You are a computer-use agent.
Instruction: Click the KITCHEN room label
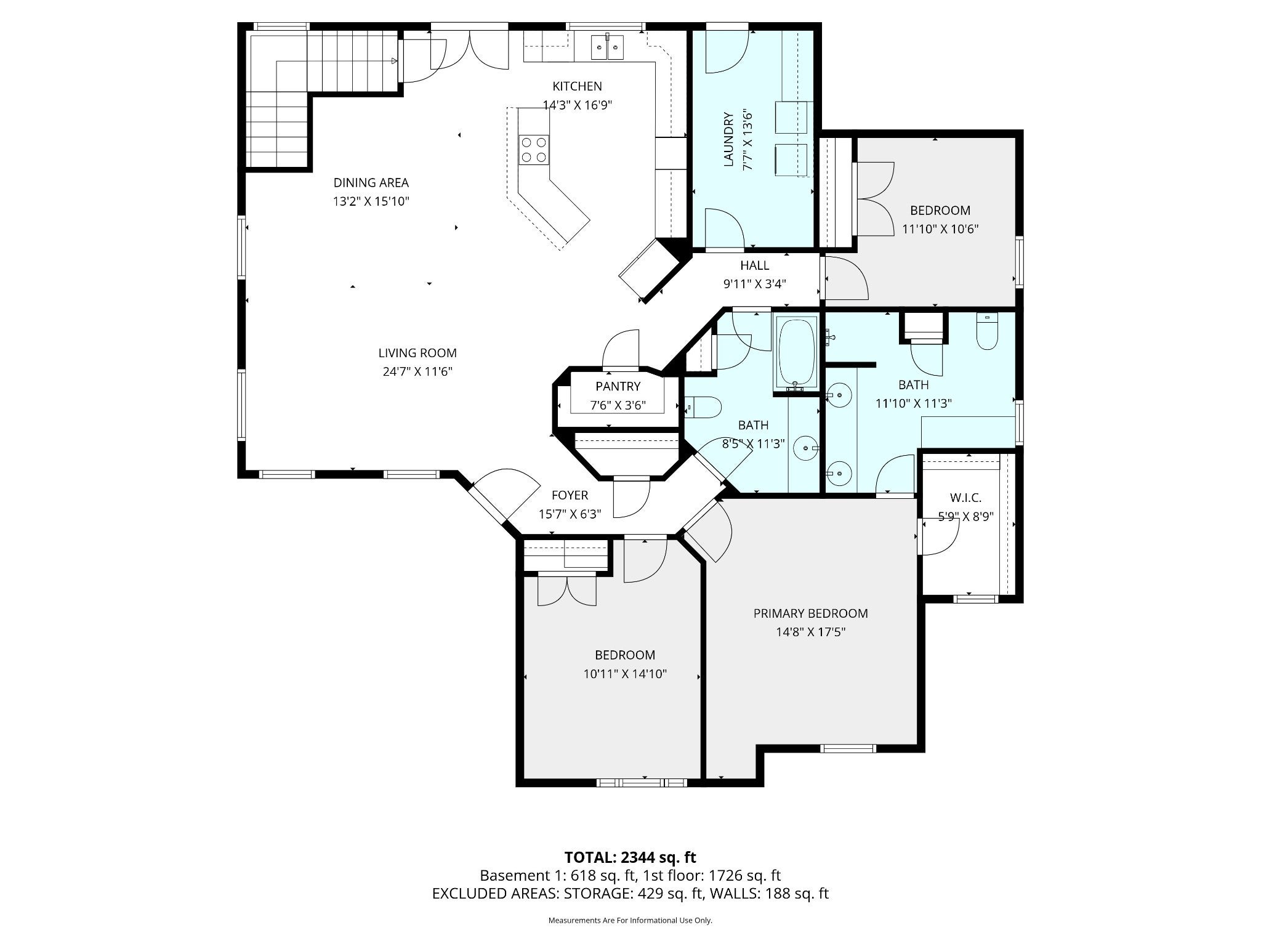[x=577, y=86]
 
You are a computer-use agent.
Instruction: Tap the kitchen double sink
[x=608, y=47]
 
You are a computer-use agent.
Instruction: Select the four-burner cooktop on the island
[x=534, y=149]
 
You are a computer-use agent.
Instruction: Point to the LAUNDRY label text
[x=728, y=139]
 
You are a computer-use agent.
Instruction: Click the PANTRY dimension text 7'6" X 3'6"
[x=618, y=405]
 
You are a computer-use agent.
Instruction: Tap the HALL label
[x=754, y=265]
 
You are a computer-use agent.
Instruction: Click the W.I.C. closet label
[x=965, y=498]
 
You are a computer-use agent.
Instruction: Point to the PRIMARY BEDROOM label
[x=810, y=613]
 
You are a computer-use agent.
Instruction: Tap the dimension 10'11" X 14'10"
[x=625, y=674]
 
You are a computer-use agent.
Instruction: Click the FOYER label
[x=570, y=495]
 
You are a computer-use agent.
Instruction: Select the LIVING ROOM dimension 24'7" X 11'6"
[x=417, y=371]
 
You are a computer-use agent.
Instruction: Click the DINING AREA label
[x=371, y=183]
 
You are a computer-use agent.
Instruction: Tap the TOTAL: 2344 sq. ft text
[x=630, y=857]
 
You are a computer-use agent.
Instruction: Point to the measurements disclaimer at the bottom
[x=630, y=920]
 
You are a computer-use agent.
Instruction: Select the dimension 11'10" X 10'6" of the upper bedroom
[x=940, y=229]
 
